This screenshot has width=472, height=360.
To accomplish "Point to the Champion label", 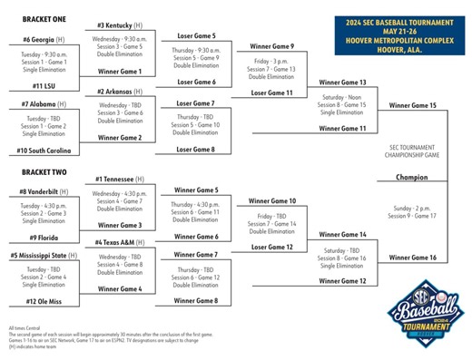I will (x=412, y=177).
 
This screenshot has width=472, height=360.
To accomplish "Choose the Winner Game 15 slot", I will (x=413, y=106).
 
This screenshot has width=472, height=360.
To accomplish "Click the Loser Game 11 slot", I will (x=271, y=92).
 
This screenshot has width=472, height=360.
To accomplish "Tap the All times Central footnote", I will (x=32, y=327).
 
